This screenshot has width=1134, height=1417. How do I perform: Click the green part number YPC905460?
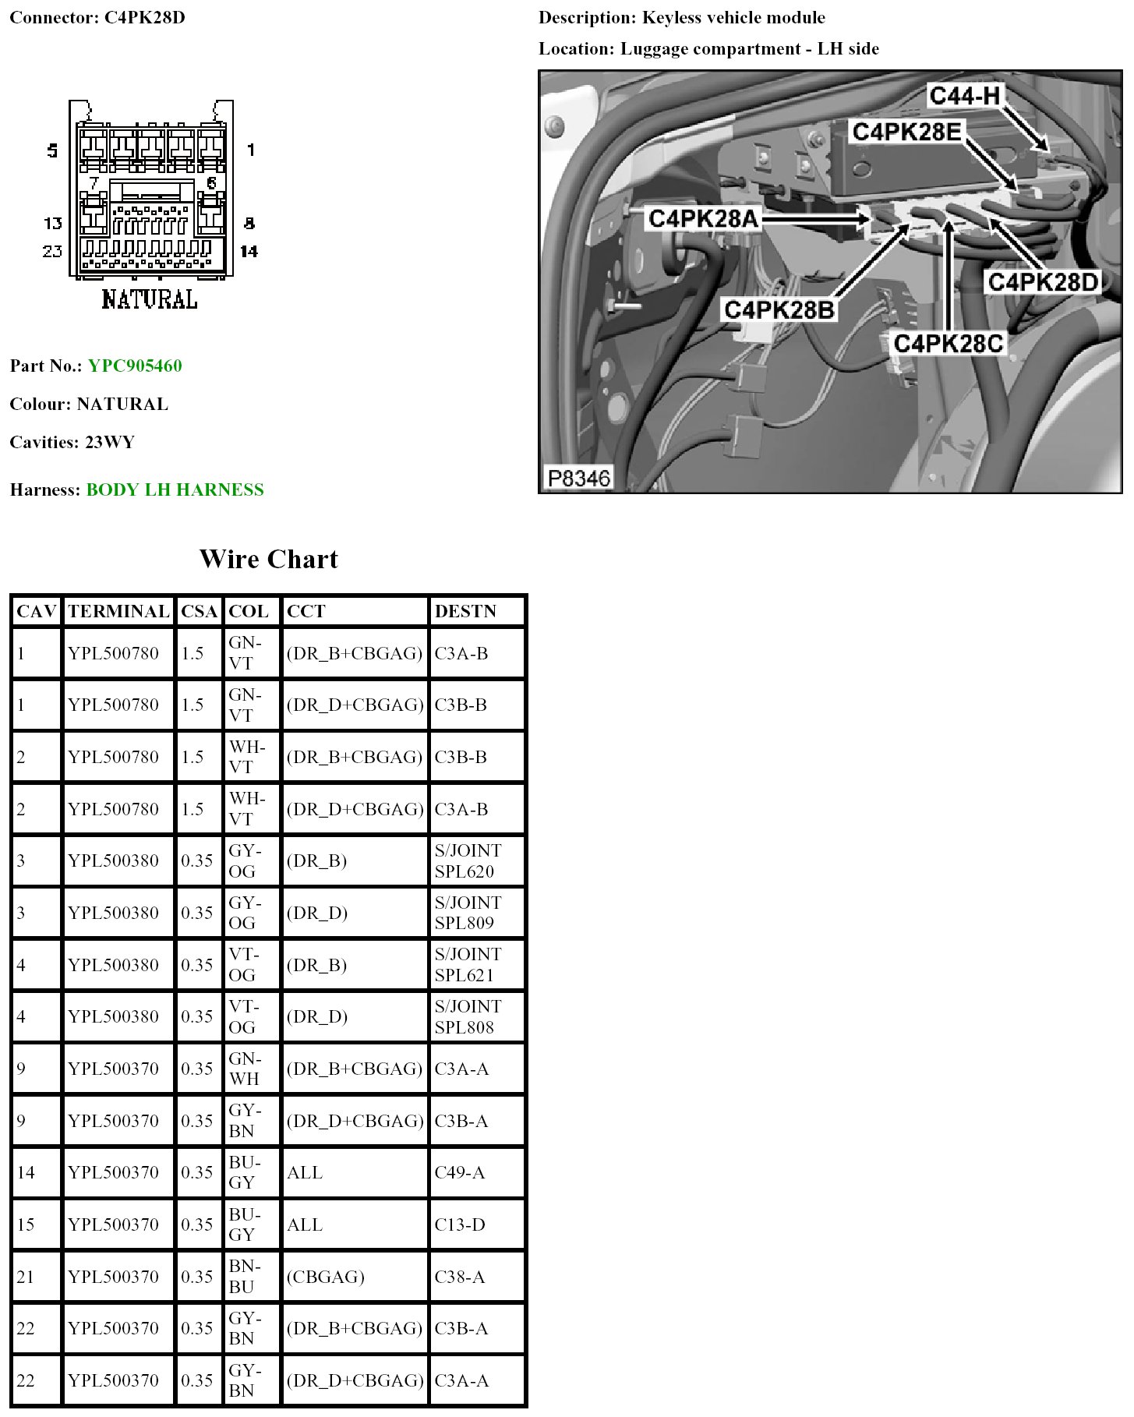(135, 366)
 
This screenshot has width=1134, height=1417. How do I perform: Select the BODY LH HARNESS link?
(175, 489)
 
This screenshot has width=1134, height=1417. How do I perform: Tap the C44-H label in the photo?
(964, 96)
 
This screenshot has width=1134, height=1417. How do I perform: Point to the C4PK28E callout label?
(906, 132)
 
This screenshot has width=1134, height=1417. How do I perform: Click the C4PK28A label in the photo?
(703, 219)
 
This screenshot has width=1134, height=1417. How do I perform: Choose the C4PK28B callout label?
(779, 309)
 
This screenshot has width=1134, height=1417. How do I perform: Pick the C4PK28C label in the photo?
(948, 343)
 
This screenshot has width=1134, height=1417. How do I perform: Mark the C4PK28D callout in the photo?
(1043, 281)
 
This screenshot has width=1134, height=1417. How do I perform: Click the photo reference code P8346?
(578, 478)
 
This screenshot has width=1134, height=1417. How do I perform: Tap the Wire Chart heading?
(269, 559)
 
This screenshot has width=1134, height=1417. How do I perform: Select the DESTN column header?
(465, 611)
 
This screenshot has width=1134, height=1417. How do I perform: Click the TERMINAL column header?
(118, 611)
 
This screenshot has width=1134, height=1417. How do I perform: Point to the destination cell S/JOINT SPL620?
(468, 860)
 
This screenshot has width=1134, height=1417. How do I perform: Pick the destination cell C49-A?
(460, 1172)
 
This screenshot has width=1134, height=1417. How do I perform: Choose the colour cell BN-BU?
(245, 1276)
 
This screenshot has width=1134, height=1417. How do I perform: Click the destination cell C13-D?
(460, 1224)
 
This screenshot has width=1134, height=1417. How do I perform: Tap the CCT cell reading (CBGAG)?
(326, 1277)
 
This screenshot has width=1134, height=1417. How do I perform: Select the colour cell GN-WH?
(245, 1069)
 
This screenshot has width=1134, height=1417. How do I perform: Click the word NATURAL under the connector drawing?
(150, 299)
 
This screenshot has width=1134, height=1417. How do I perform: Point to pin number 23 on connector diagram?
(52, 251)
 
